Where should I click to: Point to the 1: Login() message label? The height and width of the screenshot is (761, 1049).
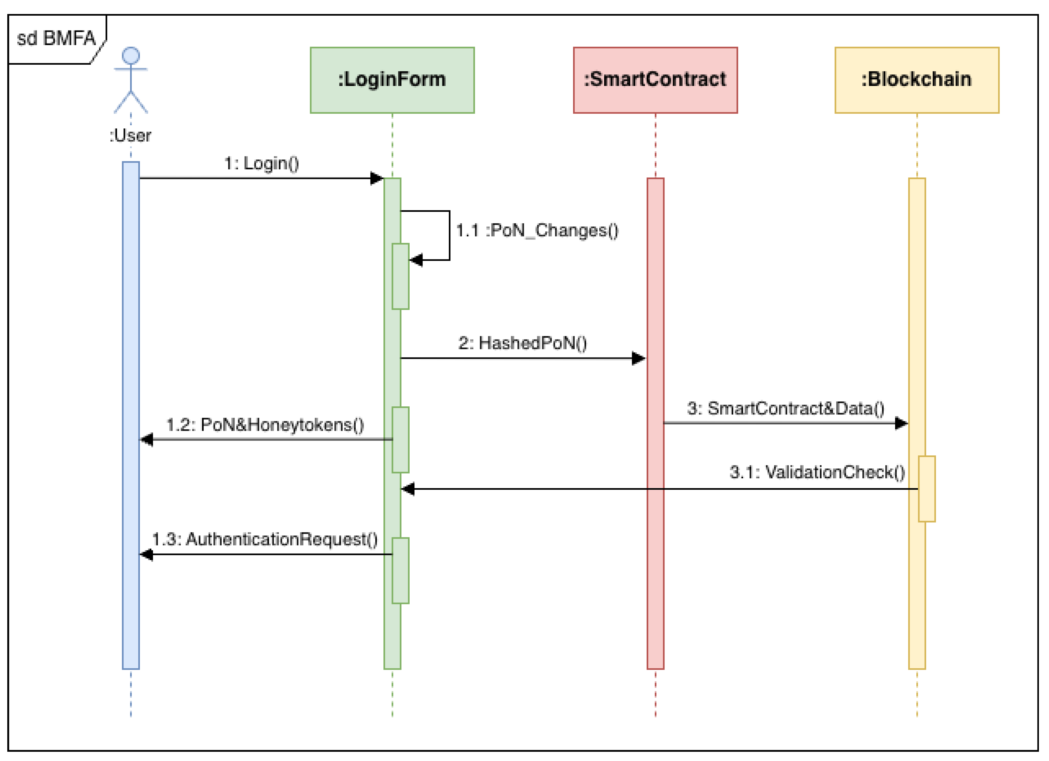click(x=262, y=163)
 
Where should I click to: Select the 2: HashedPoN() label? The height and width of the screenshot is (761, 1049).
click(x=523, y=343)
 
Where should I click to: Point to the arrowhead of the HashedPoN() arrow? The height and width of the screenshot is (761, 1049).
click(x=639, y=358)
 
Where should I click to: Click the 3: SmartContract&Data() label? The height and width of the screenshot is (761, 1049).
click(x=785, y=408)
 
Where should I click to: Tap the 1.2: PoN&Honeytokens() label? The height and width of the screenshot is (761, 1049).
click(x=265, y=425)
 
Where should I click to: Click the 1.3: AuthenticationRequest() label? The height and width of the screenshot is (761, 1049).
click(x=265, y=539)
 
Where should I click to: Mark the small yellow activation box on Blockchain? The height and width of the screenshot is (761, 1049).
click(x=927, y=489)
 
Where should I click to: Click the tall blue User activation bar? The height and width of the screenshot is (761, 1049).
click(x=131, y=416)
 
